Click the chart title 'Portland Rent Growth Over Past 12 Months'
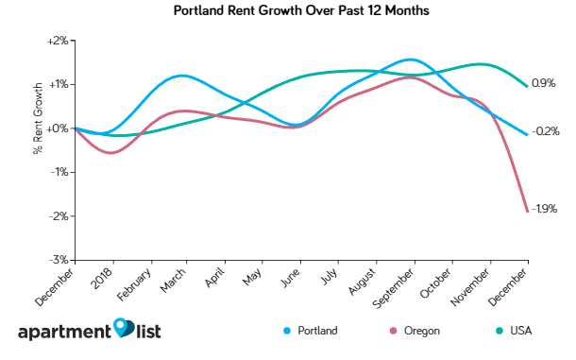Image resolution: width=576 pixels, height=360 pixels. pos(287,12)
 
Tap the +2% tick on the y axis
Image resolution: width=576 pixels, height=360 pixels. pos(58,41)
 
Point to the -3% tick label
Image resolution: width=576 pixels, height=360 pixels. pos(59,260)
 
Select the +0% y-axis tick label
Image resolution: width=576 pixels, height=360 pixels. pos(58,129)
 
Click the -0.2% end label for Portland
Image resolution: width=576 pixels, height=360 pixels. pos(548,131)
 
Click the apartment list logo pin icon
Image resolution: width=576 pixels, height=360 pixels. pos(124,328)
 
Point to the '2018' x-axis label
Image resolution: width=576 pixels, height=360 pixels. pos(105,275)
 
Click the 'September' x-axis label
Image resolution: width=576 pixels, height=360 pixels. pos(394,283)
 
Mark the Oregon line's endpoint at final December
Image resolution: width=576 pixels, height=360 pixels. pos(527,212)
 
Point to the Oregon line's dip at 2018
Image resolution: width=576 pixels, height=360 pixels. pos(112,152)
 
